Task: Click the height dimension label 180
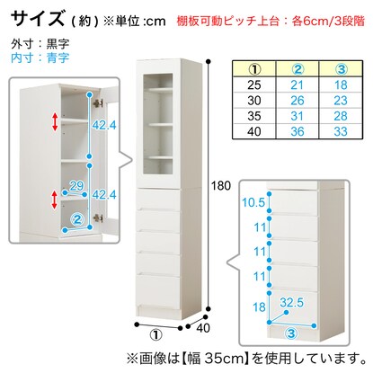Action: [x=221, y=186]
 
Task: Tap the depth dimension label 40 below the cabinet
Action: [x=203, y=328]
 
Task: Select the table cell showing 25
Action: [x=254, y=85]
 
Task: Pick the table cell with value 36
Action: [x=298, y=131]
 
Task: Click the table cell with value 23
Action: [x=341, y=101]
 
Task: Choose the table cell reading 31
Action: [x=298, y=116]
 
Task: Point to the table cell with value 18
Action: [x=341, y=85]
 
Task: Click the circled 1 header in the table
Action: [x=254, y=69]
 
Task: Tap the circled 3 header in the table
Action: [x=341, y=69]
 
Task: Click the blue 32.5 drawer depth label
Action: [x=292, y=303]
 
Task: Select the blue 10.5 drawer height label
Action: [x=253, y=202]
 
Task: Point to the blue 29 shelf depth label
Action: [x=76, y=186]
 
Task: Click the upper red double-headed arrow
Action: [x=55, y=121]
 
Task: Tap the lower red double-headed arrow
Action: [x=54, y=200]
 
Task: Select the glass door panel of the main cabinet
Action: [x=158, y=124]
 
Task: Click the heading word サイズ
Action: [x=38, y=18]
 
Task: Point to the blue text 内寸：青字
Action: [x=40, y=58]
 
